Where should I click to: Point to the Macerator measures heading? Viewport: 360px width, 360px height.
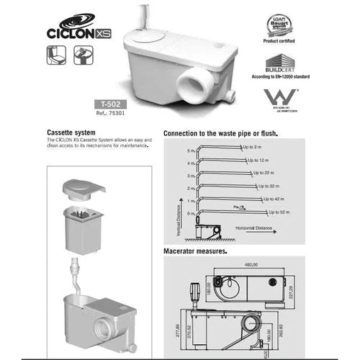[x=196, y=251]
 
